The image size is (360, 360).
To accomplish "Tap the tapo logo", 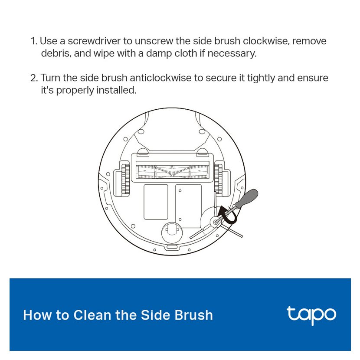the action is click(x=311, y=315).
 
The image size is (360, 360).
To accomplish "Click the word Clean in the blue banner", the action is click(x=92, y=315).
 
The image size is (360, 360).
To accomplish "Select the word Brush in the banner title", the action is click(x=194, y=315).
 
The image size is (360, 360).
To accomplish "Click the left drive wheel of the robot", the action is click(x=126, y=179).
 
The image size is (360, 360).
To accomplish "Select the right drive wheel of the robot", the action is click(x=218, y=179).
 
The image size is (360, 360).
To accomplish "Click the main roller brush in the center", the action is click(x=173, y=172).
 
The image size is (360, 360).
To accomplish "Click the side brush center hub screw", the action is click(x=216, y=222).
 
